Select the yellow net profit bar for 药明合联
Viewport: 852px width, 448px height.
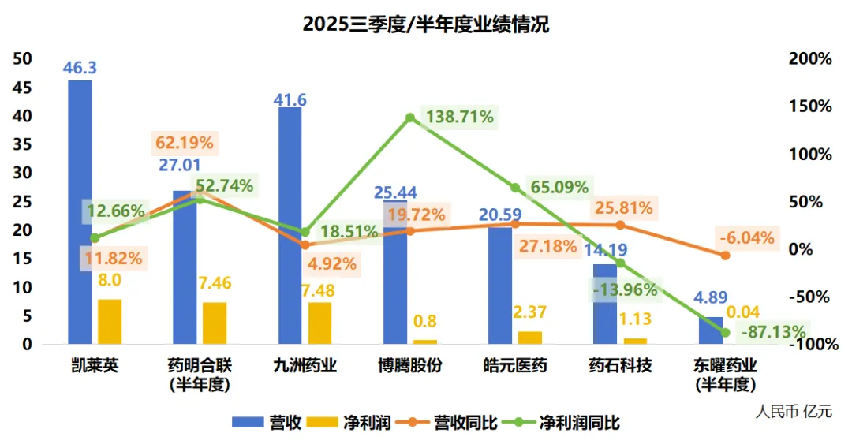tap(215, 323)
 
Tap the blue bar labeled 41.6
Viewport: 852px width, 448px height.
tap(290, 226)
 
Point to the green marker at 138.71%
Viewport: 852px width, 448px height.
tap(410, 118)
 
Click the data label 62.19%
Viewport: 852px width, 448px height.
tap(184, 144)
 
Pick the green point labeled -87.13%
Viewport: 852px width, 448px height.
tap(726, 332)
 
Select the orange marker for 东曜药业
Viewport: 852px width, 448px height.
tap(726, 255)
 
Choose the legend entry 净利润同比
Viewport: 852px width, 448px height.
tap(569, 423)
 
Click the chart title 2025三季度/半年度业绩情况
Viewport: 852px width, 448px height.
tap(425, 24)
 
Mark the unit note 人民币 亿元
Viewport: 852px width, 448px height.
tap(793, 411)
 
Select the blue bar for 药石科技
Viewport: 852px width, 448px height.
tap(605, 304)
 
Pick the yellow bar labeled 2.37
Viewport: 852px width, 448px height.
tap(530, 338)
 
